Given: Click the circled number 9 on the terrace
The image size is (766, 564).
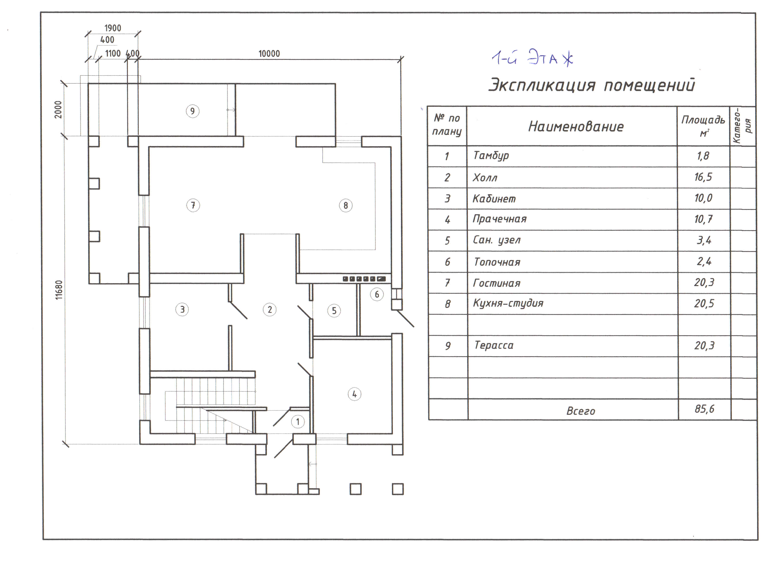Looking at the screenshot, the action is coord(193,111).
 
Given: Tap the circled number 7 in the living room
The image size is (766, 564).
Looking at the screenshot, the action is coord(193,205).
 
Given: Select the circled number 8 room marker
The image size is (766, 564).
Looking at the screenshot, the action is coord(346,205).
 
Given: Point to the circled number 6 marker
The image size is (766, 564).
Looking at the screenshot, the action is coord(377,294).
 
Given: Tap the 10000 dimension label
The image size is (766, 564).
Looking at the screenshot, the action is coord(269,54).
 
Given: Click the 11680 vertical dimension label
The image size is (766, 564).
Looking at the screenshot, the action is coord(59,290).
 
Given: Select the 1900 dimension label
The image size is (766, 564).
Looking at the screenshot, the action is coord(113,28).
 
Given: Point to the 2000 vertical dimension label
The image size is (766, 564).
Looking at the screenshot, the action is coord(58,110).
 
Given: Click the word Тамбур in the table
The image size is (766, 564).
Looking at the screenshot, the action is coord(491,156).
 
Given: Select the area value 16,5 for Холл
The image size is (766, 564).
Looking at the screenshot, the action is coord(703,177).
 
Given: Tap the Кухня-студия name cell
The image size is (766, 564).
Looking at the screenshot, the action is coord(508,303).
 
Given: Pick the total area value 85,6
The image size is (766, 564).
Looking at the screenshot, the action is coord(704,409).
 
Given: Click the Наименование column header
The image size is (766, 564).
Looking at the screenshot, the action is coord(576,127).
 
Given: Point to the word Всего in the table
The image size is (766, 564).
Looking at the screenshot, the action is coord(581,411).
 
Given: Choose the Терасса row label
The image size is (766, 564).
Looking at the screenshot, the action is coord(494,345).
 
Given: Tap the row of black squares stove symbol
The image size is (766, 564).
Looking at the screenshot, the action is coord(364,279).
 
